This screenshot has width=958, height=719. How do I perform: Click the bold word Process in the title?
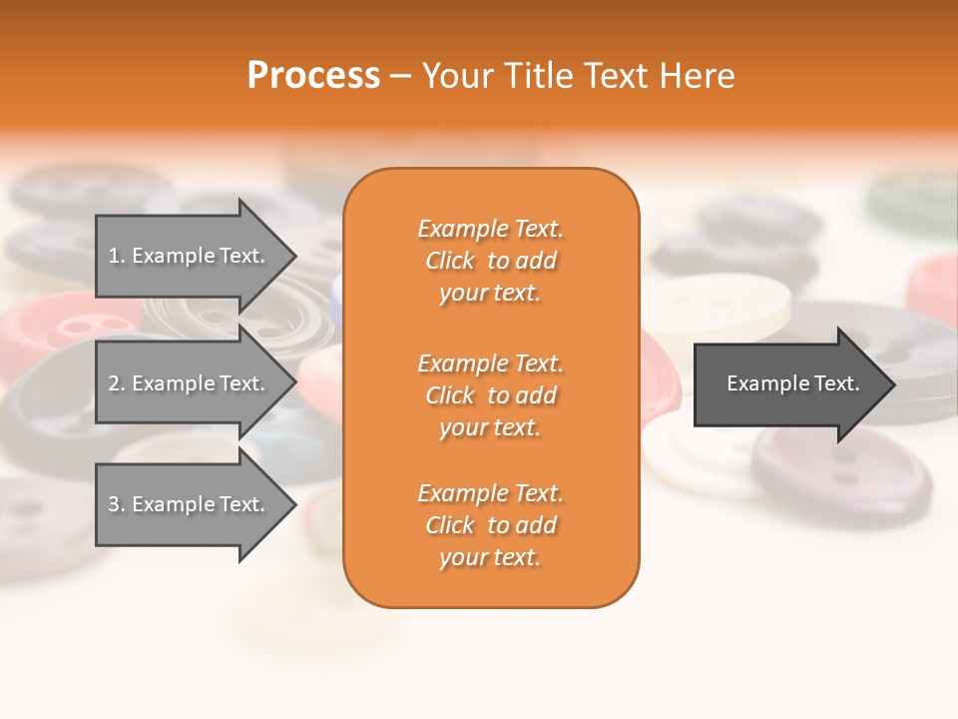point(313,76)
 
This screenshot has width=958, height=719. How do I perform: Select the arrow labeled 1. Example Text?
point(190,256)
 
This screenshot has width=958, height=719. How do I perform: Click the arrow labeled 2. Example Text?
point(190,383)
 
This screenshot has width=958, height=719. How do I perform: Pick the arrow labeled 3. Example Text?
point(190,504)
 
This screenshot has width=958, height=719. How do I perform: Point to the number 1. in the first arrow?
point(117,256)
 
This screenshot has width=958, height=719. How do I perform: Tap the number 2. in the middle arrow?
point(117,383)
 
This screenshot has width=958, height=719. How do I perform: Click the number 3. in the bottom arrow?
point(117,504)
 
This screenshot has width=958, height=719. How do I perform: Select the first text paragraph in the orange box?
point(491,261)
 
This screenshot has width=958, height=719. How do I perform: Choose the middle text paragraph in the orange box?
point(491,395)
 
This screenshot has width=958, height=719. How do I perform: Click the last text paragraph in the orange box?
point(491,525)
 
